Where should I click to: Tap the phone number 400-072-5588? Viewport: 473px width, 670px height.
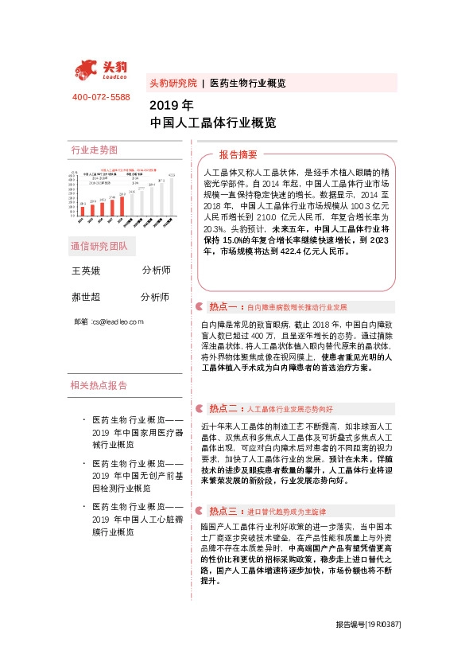(x=101, y=97)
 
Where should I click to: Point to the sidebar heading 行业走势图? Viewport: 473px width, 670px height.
(x=94, y=150)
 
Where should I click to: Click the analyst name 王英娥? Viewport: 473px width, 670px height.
(x=87, y=271)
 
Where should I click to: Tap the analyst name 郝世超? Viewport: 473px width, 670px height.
(x=87, y=298)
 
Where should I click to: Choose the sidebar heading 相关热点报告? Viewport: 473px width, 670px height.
(x=99, y=386)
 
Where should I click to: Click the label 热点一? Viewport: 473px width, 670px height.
(x=223, y=306)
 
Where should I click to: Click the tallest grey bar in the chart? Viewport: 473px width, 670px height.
(x=173, y=197)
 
